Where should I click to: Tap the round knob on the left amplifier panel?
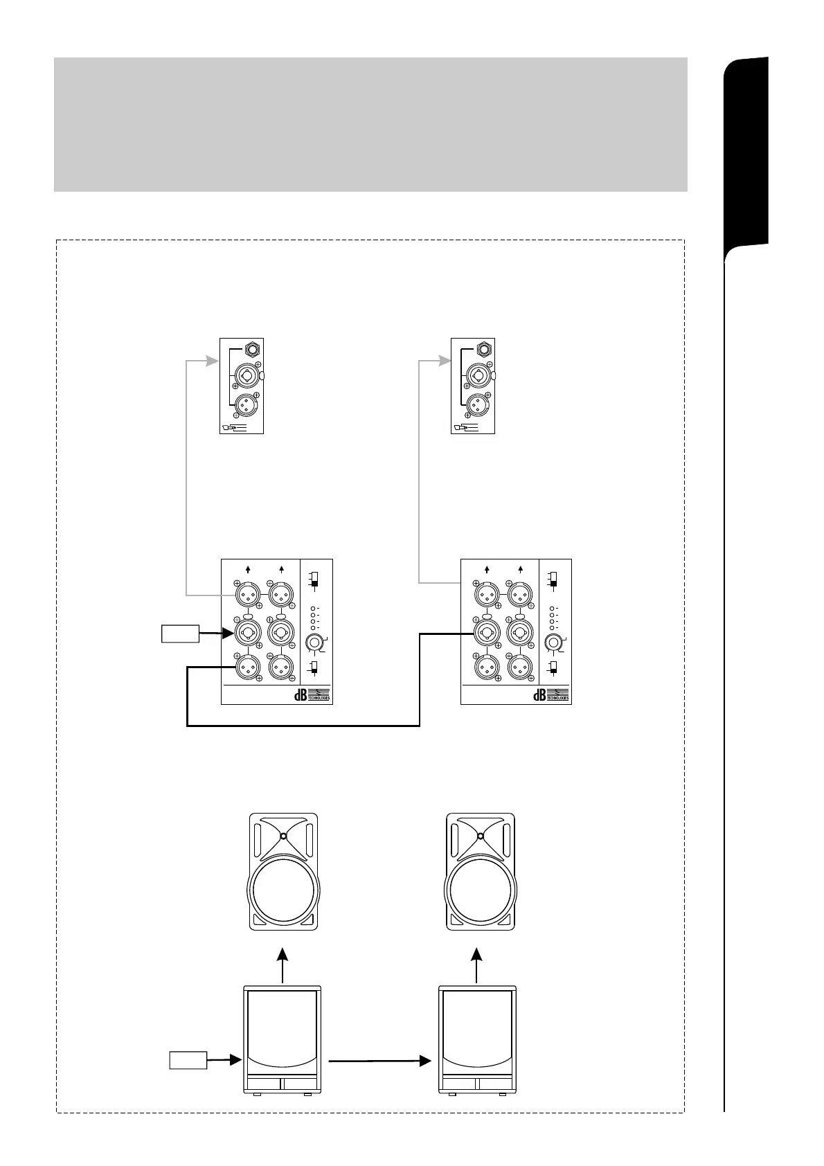pos(315,642)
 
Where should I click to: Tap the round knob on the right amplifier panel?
pos(554,642)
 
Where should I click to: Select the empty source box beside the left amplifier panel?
pos(180,634)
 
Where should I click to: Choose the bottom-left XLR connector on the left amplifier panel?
pos(247,667)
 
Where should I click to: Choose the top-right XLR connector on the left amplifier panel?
pos(280,594)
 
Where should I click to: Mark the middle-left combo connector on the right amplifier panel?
pos(486,631)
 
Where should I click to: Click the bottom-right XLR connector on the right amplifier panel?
pos(519,667)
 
